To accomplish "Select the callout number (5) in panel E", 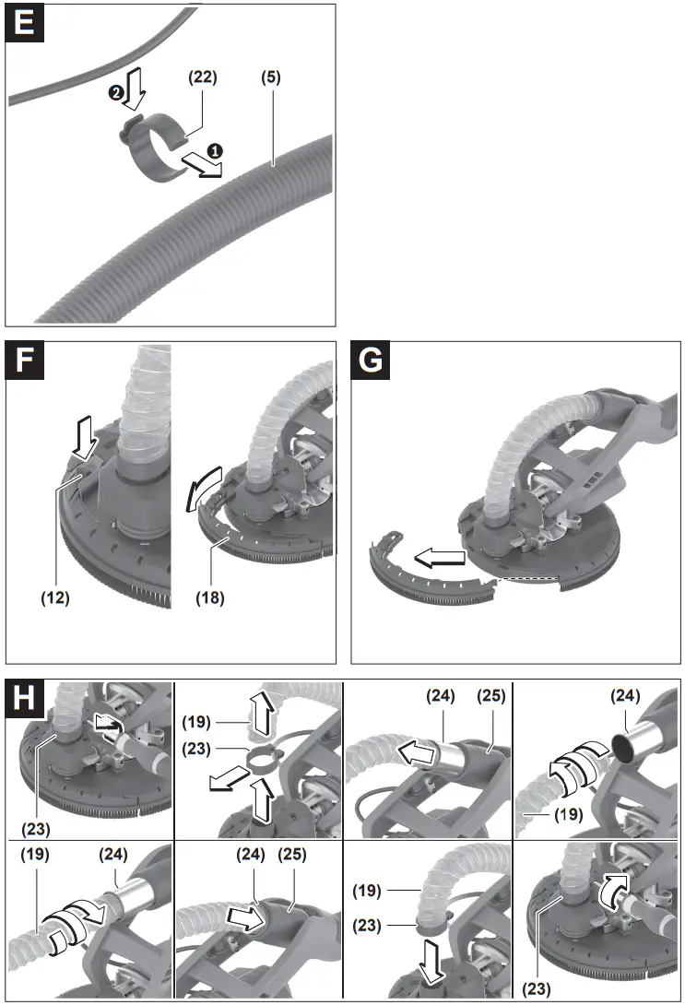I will (272, 78).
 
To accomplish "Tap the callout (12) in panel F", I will (56, 597).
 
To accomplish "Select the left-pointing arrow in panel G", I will (439, 556).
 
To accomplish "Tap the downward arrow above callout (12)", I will (83, 438).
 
